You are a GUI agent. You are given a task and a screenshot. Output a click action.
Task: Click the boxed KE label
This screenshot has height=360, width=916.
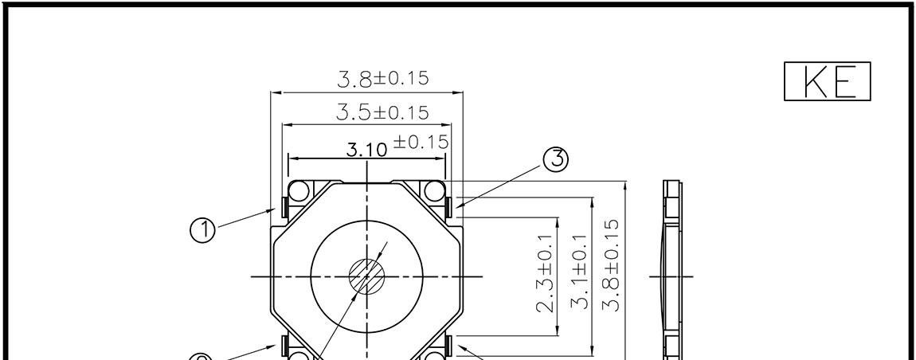pyautogui.click(x=828, y=81)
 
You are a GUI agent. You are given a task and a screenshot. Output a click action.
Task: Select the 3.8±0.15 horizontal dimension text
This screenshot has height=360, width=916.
pyautogui.click(x=383, y=78)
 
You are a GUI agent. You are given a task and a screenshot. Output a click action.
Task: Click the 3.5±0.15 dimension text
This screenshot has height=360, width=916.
pyautogui.click(x=382, y=112)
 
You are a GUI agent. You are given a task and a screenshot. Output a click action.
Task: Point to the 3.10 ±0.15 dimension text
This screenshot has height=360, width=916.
pyautogui.click(x=397, y=146)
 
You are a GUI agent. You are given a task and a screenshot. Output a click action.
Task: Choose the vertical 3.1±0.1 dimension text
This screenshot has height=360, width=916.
pyautogui.click(x=578, y=271)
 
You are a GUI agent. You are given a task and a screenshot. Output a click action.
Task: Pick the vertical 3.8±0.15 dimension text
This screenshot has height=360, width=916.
pyautogui.click(x=611, y=266)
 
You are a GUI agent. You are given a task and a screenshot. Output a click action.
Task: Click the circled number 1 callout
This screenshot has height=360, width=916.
pyautogui.click(x=202, y=229)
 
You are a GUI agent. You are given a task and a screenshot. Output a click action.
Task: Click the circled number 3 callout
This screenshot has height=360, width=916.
pyautogui.click(x=555, y=159)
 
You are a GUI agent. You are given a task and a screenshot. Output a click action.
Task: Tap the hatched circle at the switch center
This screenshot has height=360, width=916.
pyautogui.click(x=367, y=276)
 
